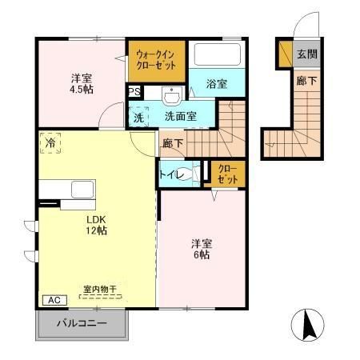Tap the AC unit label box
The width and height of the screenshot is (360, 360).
pyautogui.click(x=54, y=300)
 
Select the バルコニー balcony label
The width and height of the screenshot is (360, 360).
pyautogui.click(x=82, y=325)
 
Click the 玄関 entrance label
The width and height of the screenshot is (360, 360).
pyautogui.click(x=306, y=54)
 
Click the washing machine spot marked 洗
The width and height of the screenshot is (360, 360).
pyautogui.click(x=139, y=116)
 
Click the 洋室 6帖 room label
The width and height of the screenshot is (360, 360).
pyautogui.click(x=200, y=248)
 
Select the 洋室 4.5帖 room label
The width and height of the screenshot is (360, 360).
pyautogui.click(x=81, y=84)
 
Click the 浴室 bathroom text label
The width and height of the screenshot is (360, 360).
pyautogui.click(x=216, y=83)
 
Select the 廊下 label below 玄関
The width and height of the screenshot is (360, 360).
pyautogui.click(x=306, y=81)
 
